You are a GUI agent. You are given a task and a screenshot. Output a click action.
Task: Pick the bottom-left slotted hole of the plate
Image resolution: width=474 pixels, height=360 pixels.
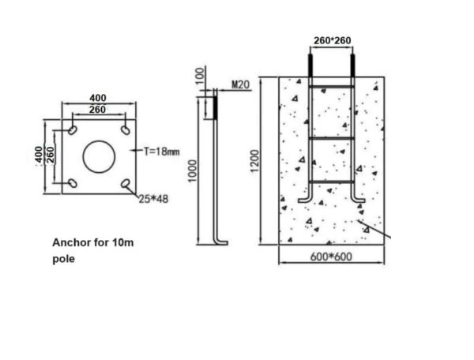click(73, 182)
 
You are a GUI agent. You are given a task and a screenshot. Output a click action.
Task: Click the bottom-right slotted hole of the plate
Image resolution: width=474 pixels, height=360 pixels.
click(126, 183)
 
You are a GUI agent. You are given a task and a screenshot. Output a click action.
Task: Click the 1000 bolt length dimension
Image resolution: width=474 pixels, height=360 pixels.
click(192, 168)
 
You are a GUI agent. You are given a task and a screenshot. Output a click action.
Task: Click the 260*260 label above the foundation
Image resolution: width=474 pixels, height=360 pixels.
click(331, 39)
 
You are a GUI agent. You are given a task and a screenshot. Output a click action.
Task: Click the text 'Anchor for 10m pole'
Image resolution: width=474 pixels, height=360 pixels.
click(93, 250)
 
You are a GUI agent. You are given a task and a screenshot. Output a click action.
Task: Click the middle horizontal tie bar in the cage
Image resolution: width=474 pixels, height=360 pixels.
click(331, 139)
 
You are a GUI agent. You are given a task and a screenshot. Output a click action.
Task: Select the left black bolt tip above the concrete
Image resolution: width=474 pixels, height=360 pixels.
click(310, 64)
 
